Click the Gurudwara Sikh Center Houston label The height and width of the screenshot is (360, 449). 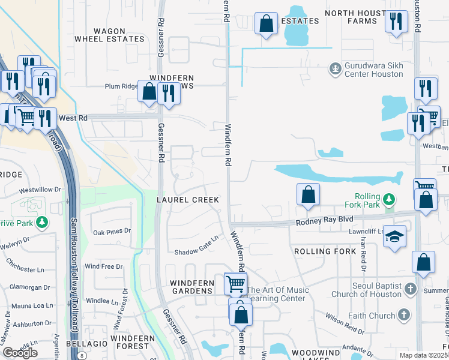tap(373, 70)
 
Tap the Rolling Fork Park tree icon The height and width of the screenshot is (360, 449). tap(390, 198)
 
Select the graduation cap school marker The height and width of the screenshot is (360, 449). tap(396, 236)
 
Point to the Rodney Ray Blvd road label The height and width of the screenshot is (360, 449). tap(324, 222)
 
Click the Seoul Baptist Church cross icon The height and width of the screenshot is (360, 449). tap(409, 289)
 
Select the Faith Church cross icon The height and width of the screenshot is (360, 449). tap(403, 315)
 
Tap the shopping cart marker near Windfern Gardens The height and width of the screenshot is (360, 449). tap(235, 283)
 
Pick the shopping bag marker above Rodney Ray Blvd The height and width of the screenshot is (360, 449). tap(308, 194)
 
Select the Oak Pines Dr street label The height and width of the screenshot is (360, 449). tap(112, 231)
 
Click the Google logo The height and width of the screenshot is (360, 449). tap(20, 352)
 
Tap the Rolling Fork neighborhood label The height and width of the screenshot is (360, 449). tap(321, 251)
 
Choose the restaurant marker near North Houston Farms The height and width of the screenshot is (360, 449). tap(395, 22)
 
